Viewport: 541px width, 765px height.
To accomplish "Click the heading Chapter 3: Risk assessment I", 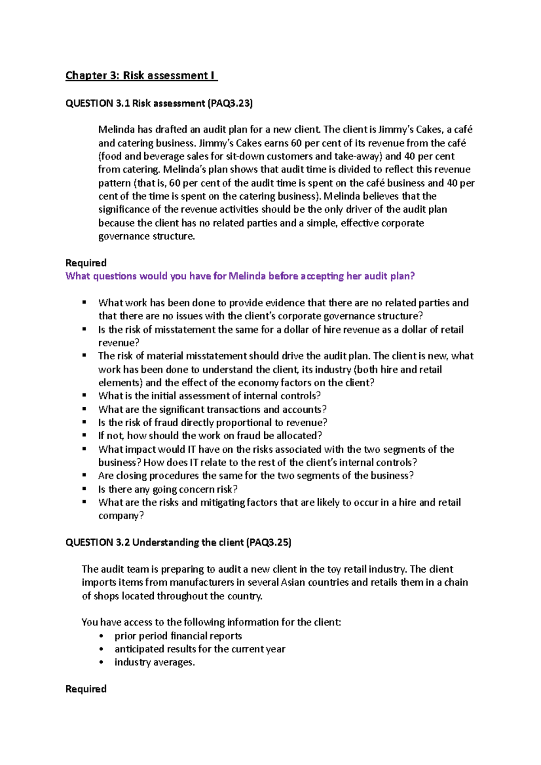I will (141, 75).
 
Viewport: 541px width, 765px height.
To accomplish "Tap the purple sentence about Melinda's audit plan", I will (240, 276).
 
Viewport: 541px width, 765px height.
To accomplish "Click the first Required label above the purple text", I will (86, 263).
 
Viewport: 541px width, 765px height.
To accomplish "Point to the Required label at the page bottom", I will (86, 689).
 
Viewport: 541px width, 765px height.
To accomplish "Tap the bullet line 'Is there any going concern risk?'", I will (168, 489).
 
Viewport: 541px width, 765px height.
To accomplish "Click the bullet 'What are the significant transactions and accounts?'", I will (212, 410).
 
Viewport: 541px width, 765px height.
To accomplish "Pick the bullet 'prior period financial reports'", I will (178, 636).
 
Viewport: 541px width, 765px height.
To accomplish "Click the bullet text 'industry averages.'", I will (155, 662).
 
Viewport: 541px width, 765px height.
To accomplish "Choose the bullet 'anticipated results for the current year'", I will (200, 649).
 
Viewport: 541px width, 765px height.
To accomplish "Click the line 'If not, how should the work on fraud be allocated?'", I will (210, 436).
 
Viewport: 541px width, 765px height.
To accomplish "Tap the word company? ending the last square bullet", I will (121, 515).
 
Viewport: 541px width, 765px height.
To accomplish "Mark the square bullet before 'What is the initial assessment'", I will (84, 396).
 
